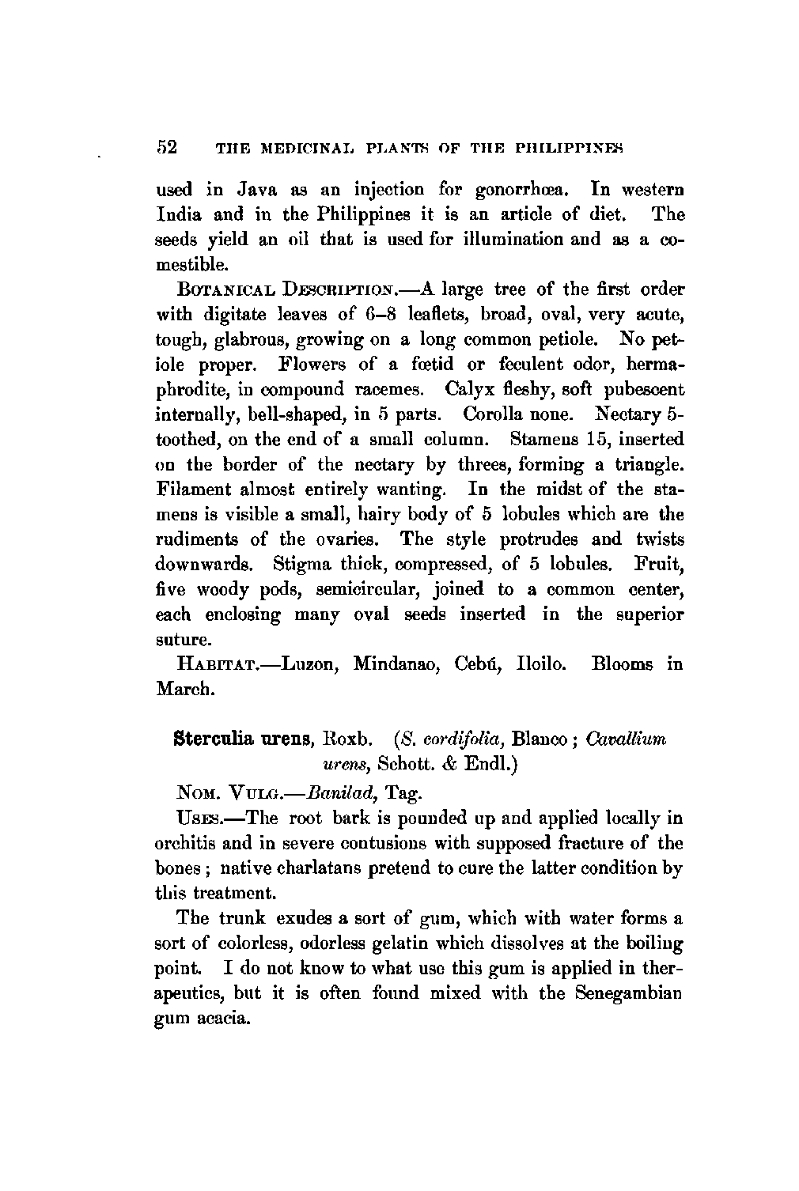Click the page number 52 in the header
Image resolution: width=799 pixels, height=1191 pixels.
(x=168, y=148)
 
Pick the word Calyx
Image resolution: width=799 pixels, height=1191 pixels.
(x=469, y=389)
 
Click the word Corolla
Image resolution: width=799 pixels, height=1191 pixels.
(x=491, y=414)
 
